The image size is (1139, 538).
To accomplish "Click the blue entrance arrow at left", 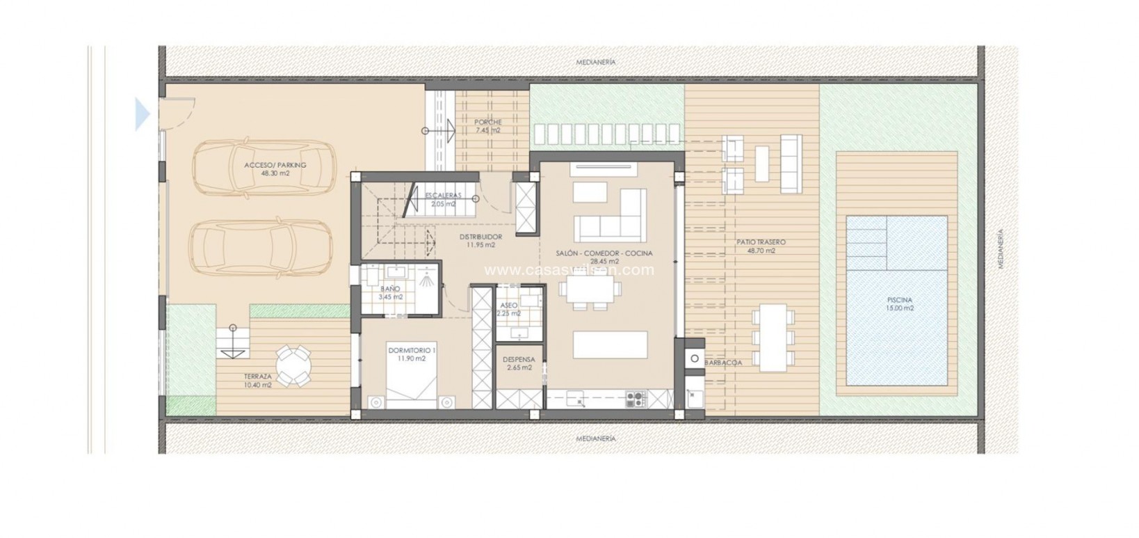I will click(x=142, y=114).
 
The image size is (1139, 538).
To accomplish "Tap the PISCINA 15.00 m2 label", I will click(x=899, y=303).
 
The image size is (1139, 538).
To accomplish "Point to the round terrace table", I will click(x=294, y=365).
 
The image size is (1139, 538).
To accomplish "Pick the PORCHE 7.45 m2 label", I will click(x=488, y=126).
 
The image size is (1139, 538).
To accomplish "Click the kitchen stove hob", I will click(x=636, y=399).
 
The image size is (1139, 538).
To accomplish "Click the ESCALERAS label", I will click(x=442, y=200).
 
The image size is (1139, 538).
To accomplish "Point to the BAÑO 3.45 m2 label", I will click(x=391, y=292).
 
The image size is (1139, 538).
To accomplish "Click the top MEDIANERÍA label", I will click(x=596, y=63).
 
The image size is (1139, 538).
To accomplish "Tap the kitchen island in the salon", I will click(x=611, y=344).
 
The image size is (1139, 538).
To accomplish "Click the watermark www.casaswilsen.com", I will click(x=569, y=270).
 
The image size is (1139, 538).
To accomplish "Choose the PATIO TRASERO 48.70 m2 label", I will click(x=761, y=246).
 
